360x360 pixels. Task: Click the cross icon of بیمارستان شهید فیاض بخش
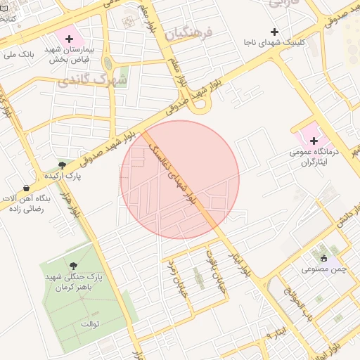(69, 37)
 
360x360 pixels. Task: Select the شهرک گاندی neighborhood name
(94, 80)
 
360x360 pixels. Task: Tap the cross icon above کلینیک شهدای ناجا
(274, 32)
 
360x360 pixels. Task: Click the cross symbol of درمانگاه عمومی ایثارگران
(314, 141)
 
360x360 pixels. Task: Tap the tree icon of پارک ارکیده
(62, 165)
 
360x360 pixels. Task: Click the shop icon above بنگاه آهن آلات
(27, 188)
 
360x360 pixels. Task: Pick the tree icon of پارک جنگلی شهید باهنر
(74, 265)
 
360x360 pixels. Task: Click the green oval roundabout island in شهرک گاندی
(108, 63)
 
